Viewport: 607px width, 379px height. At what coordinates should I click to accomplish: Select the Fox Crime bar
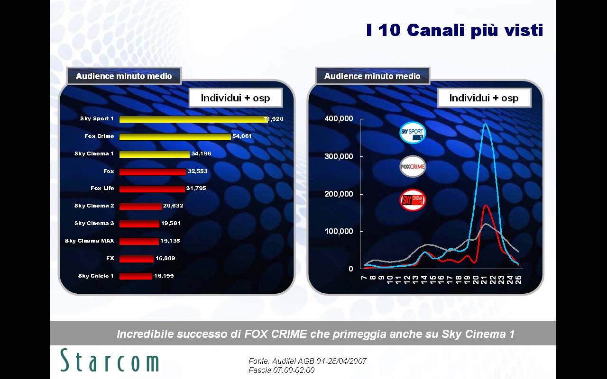coord(175,137)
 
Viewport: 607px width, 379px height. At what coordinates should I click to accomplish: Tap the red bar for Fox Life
coord(152,189)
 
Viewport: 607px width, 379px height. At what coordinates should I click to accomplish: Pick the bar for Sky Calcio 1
coord(136,276)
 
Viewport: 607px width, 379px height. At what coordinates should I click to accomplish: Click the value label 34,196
coord(201,153)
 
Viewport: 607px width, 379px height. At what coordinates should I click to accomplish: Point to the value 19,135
coord(170,241)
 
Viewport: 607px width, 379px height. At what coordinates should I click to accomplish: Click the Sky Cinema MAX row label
coord(90,241)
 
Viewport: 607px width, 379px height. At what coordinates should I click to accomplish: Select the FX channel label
coord(110,258)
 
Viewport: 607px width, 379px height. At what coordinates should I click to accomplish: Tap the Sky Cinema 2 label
coord(94,206)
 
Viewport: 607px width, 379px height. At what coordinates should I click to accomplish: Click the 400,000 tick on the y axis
coord(339,119)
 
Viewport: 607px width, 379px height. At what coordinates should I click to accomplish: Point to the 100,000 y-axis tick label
coord(339,232)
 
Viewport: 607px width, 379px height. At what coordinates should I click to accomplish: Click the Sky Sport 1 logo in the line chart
coord(413,133)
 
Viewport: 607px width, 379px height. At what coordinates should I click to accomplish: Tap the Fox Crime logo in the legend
coord(413,166)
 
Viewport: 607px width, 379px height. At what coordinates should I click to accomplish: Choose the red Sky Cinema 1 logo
coord(413,200)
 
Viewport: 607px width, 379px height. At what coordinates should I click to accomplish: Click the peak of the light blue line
coord(485,124)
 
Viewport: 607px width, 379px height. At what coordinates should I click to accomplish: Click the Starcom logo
coord(110,361)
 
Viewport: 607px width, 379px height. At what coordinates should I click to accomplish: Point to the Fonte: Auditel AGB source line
coord(307,361)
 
